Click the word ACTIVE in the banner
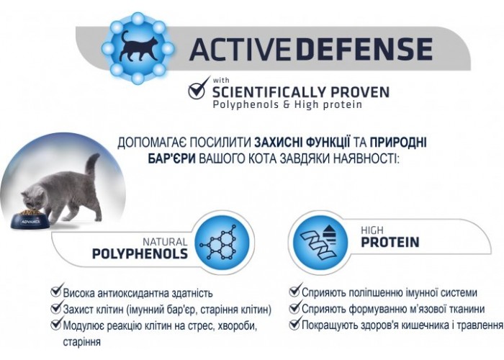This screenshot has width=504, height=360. point(240,50)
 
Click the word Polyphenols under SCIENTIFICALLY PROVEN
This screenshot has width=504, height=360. point(246,105)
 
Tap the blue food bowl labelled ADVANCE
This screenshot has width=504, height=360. point(30,220)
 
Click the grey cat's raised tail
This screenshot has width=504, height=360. point(92,168)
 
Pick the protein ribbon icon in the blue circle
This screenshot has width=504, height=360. point(318,243)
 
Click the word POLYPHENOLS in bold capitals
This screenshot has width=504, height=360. point(140,254)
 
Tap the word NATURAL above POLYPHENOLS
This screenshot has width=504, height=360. point(165,242)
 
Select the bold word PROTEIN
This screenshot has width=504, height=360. point(390,242)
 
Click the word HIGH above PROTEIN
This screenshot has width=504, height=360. point(372,230)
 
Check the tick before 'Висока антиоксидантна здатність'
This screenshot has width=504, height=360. point(56,290)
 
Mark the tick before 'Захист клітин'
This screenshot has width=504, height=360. point(56,307)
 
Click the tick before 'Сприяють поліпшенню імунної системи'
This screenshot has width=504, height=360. point(295,290)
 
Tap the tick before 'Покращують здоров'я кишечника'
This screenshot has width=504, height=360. point(295,323)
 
